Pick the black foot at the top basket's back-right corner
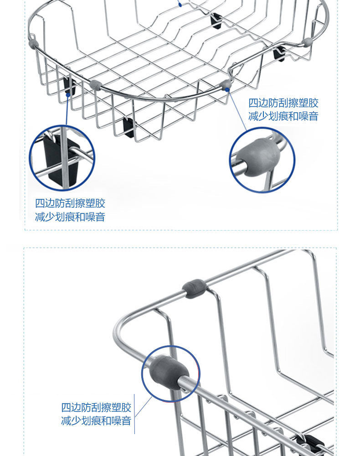279,53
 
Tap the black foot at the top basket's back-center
215,20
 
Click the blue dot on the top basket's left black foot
68,94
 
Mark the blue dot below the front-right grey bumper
227,89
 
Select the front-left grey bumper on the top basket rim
95,85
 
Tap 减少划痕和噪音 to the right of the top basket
283,116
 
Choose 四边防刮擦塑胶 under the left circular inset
70,203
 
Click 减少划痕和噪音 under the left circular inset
70,217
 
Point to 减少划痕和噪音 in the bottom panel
96,420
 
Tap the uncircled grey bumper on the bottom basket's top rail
195,289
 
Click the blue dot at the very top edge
181,5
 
